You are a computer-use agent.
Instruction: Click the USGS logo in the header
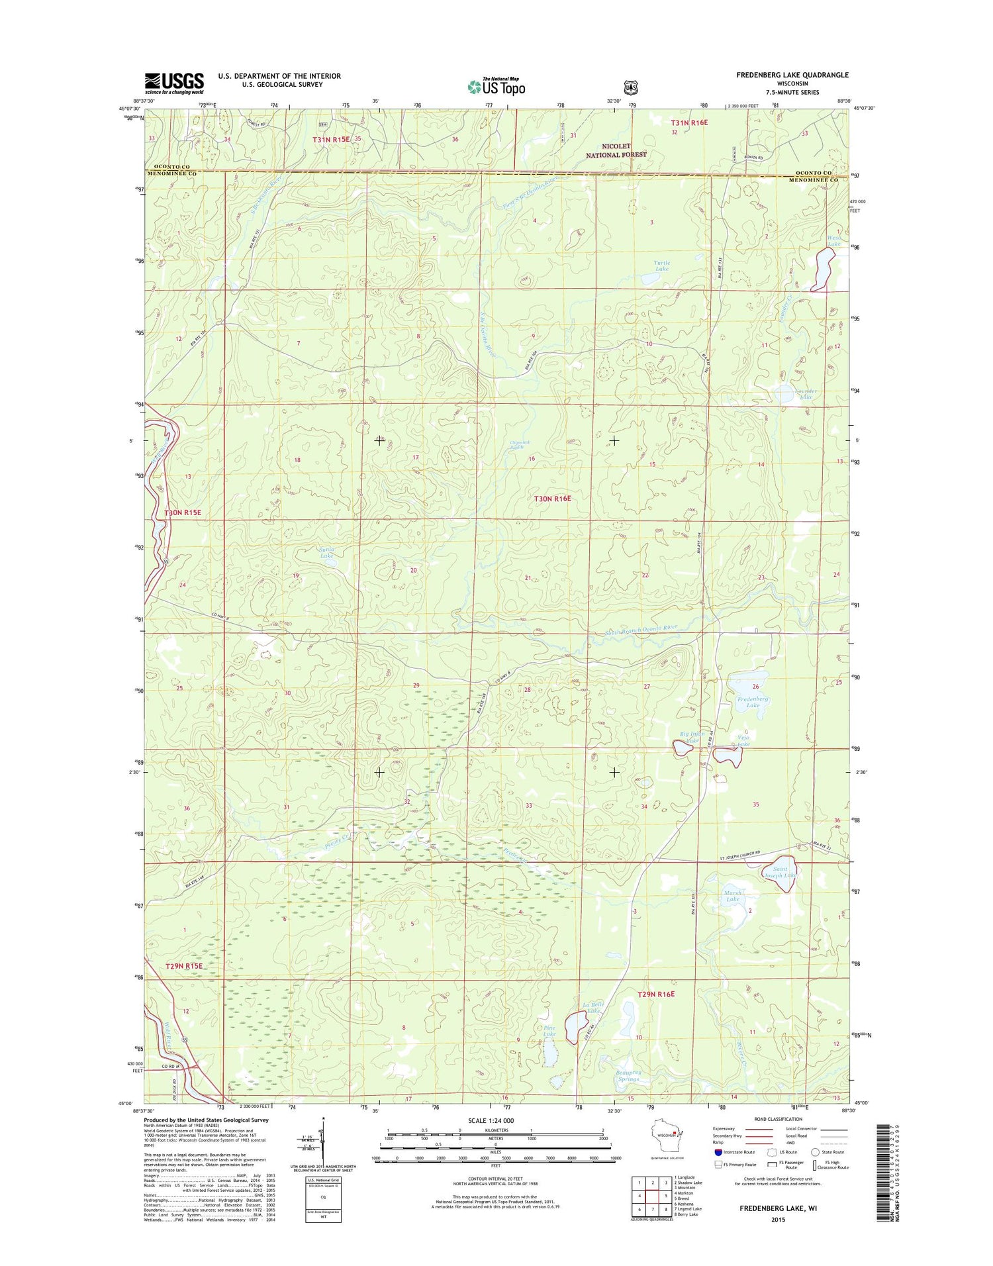click(174, 83)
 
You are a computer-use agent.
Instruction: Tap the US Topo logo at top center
click(496, 86)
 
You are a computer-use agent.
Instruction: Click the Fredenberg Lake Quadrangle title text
click(792, 75)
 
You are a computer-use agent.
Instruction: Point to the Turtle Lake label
click(661, 266)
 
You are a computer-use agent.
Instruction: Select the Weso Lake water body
click(823, 269)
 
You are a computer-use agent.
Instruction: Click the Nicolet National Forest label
click(616, 150)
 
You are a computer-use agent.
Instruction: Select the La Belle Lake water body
click(575, 1027)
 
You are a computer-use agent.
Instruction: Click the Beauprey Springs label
click(628, 1075)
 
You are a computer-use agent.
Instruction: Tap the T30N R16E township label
click(552, 498)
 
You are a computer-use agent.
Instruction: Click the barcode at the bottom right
click(886, 1172)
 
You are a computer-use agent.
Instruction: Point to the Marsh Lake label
click(732, 896)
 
